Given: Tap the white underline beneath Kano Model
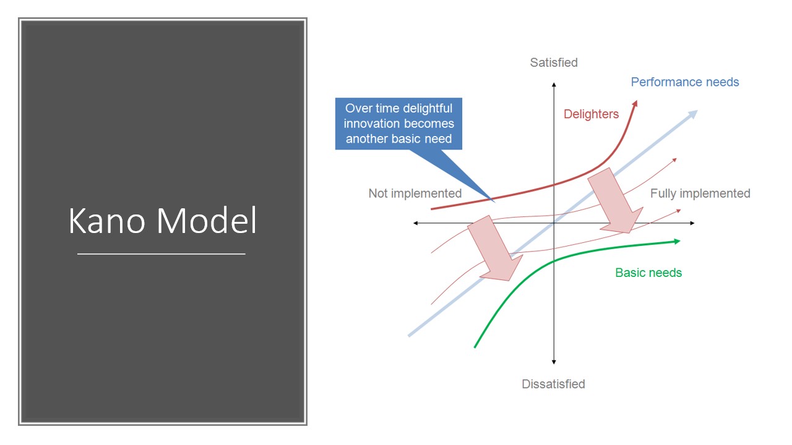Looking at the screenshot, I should click(161, 253).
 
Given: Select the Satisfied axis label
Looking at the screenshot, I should click(554, 62).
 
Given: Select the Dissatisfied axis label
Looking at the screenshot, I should click(553, 384).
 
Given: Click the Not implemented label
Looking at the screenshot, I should click(415, 193).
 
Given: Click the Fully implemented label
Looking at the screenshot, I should click(700, 193).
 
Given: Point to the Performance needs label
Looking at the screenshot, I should click(684, 82).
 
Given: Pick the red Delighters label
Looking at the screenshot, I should click(591, 114).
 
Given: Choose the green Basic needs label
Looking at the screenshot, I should click(648, 273).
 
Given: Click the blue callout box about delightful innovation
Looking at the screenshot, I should click(399, 124).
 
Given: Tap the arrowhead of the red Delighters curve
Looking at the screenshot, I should click(635, 104).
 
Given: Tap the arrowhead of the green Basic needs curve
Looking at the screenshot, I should click(678, 241).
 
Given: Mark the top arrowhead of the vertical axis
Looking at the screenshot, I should click(554, 84).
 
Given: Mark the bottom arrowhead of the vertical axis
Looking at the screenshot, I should click(554, 362).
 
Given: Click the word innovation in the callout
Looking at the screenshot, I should click(375, 124).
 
